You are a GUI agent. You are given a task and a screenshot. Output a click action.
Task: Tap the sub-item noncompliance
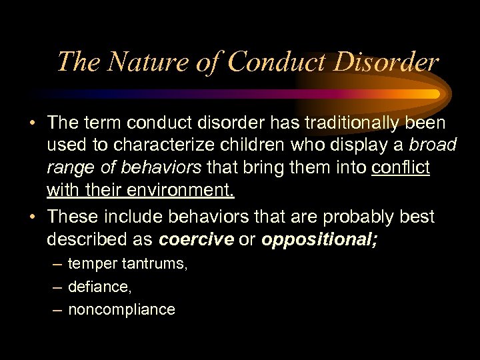pyautogui.click(x=121, y=309)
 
